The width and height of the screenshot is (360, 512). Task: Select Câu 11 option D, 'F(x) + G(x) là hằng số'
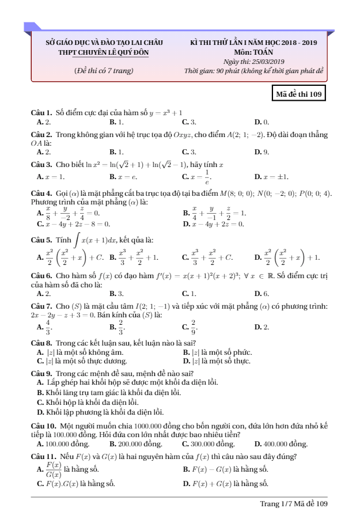(x=225, y=483)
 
